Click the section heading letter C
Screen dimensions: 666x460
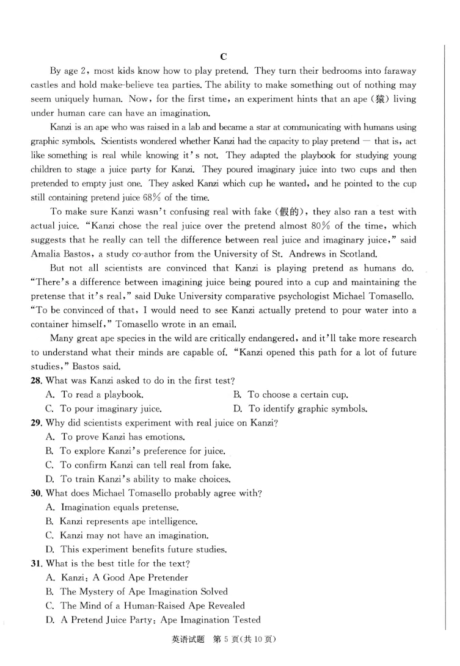pyautogui.click(x=224, y=57)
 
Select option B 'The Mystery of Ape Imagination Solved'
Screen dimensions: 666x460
pyautogui.click(x=137, y=592)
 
